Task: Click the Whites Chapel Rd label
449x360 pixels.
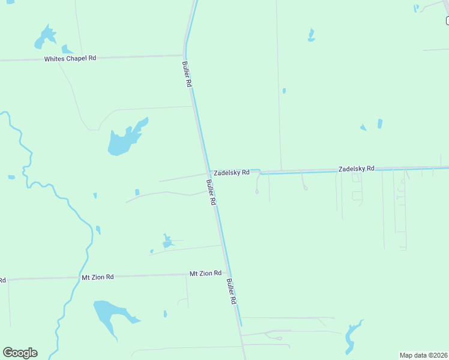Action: coord(70,58)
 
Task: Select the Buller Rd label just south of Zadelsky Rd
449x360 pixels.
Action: coord(211,193)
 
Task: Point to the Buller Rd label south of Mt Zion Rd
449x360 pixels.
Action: coord(232,292)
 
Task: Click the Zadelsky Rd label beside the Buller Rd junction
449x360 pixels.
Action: coord(232,173)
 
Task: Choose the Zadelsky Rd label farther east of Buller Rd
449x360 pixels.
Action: coord(356,169)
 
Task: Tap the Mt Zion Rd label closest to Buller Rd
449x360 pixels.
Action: coord(206,274)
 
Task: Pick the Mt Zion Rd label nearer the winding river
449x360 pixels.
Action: coord(97,277)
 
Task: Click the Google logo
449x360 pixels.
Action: coord(20,353)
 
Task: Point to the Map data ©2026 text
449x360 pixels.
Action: coord(423,355)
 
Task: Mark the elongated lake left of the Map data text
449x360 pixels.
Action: coord(351,337)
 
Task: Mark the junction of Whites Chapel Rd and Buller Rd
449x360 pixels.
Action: coord(184,56)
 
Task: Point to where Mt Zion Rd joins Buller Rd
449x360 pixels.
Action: coord(226,274)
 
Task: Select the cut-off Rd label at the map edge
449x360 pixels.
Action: coord(2,280)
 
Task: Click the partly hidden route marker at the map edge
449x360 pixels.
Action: coord(447,21)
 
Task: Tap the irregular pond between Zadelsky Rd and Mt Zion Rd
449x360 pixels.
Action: coord(167,241)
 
